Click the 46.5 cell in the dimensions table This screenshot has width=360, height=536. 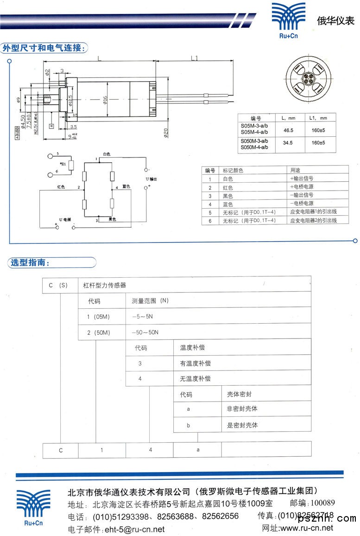click(x=288, y=130)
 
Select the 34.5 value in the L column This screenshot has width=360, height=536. click(x=288, y=143)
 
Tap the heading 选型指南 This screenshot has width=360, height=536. click(x=29, y=263)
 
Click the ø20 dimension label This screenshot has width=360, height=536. click(x=165, y=131)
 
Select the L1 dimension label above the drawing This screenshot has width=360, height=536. click(x=195, y=58)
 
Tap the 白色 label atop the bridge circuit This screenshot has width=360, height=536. click(x=107, y=153)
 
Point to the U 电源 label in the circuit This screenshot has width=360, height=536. click(x=65, y=218)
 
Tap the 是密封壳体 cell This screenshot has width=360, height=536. click(x=242, y=425)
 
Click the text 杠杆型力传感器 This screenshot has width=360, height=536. click(x=104, y=285)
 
